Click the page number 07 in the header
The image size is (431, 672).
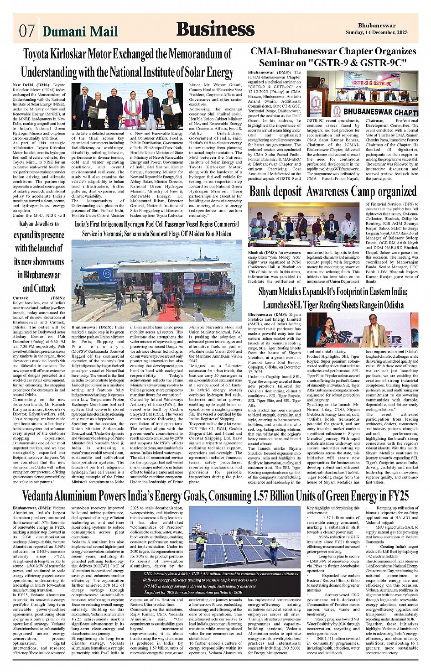click(x=26, y=31)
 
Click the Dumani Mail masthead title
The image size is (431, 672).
click(x=80, y=31)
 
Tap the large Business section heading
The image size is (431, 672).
click(x=215, y=29)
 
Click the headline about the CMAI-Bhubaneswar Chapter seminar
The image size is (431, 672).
click(x=333, y=57)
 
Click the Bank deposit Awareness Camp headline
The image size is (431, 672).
click(x=333, y=192)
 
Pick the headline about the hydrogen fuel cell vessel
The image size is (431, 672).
click(x=157, y=229)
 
